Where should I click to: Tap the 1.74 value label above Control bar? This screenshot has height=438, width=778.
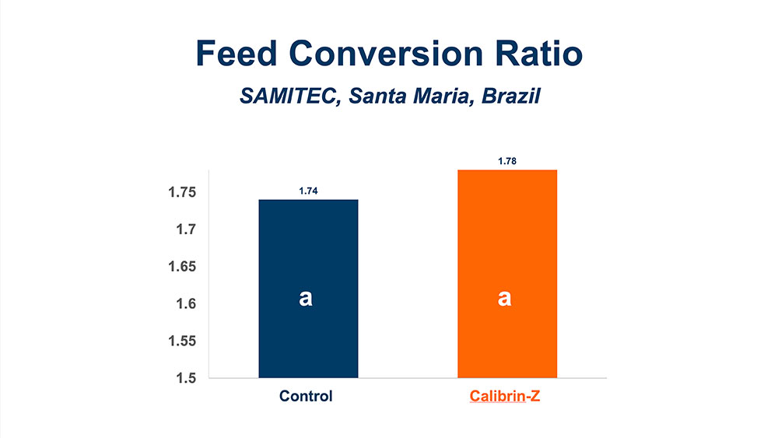click(308, 191)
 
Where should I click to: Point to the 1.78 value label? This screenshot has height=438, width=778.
click(507, 162)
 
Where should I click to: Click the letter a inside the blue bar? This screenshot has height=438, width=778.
click(306, 298)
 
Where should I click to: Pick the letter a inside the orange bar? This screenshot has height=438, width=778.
click(505, 298)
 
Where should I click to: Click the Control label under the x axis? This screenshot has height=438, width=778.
click(307, 396)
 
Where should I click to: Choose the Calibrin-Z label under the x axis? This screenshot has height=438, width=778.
click(506, 396)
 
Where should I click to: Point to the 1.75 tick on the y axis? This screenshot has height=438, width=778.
click(183, 193)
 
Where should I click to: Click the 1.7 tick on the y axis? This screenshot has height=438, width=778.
click(187, 230)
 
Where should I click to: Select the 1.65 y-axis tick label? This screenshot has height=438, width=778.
click(183, 267)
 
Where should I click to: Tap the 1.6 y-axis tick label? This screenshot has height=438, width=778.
click(187, 304)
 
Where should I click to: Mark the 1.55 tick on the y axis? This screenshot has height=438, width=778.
click(183, 341)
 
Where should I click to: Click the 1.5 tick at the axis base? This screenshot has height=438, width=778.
click(187, 378)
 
